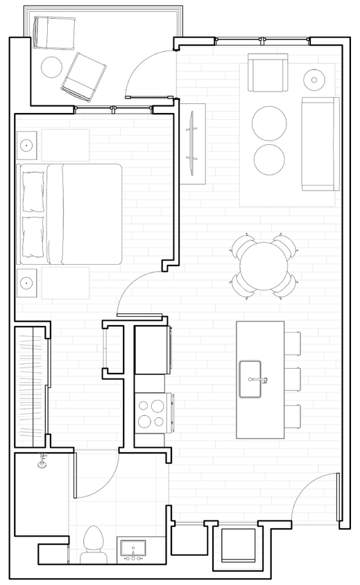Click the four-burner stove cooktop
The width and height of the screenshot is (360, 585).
click(152, 412)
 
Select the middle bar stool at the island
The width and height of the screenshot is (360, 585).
click(293, 379)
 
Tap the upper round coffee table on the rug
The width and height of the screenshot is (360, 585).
click(269, 123)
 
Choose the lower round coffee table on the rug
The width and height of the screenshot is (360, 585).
click(269, 159)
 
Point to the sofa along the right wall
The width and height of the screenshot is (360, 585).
click(320, 144)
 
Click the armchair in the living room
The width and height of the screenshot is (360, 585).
click(268, 75)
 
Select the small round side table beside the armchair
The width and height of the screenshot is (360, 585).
click(314, 78)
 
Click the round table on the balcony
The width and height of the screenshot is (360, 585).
click(52, 67)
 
